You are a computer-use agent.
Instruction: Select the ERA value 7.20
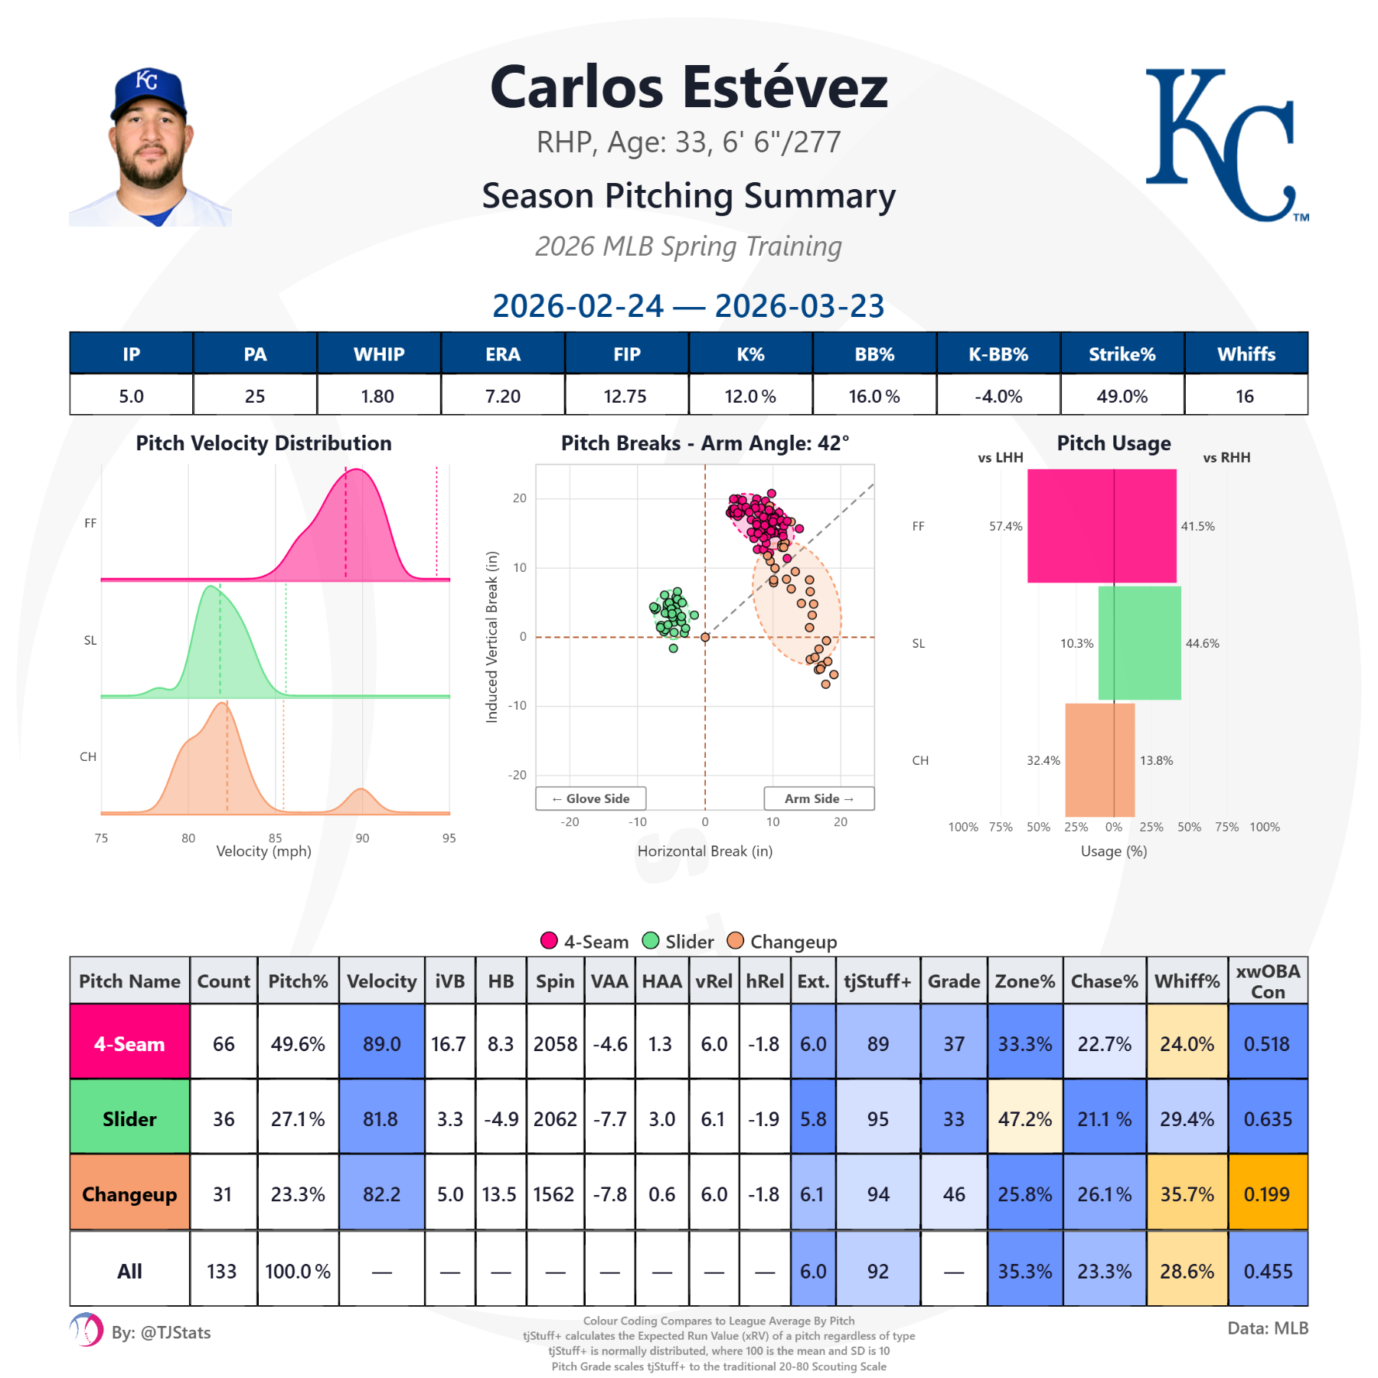point(503,396)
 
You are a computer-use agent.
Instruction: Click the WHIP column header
point(379,354)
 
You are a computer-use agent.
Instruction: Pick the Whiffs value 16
point(1245,396)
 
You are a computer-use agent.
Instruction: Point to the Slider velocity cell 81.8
point(380,1118)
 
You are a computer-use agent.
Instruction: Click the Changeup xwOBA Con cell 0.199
point(1267,1194)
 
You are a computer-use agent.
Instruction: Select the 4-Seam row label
point(129,1043)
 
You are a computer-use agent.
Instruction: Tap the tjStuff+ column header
point(877,981)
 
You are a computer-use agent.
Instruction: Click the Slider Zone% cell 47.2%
point(1024,1118)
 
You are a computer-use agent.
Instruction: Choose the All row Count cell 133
point(222,1271)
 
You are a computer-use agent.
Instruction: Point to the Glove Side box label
point(591,798)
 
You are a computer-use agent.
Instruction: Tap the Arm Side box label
point(818,798)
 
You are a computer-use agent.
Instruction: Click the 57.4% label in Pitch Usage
point(1005,526)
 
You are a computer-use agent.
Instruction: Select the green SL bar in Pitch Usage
point(1139,643)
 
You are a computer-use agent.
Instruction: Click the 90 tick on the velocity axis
point(362,838)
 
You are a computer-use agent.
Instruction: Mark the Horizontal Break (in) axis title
point(704,851)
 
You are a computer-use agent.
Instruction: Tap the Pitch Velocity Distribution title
point(263,443)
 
